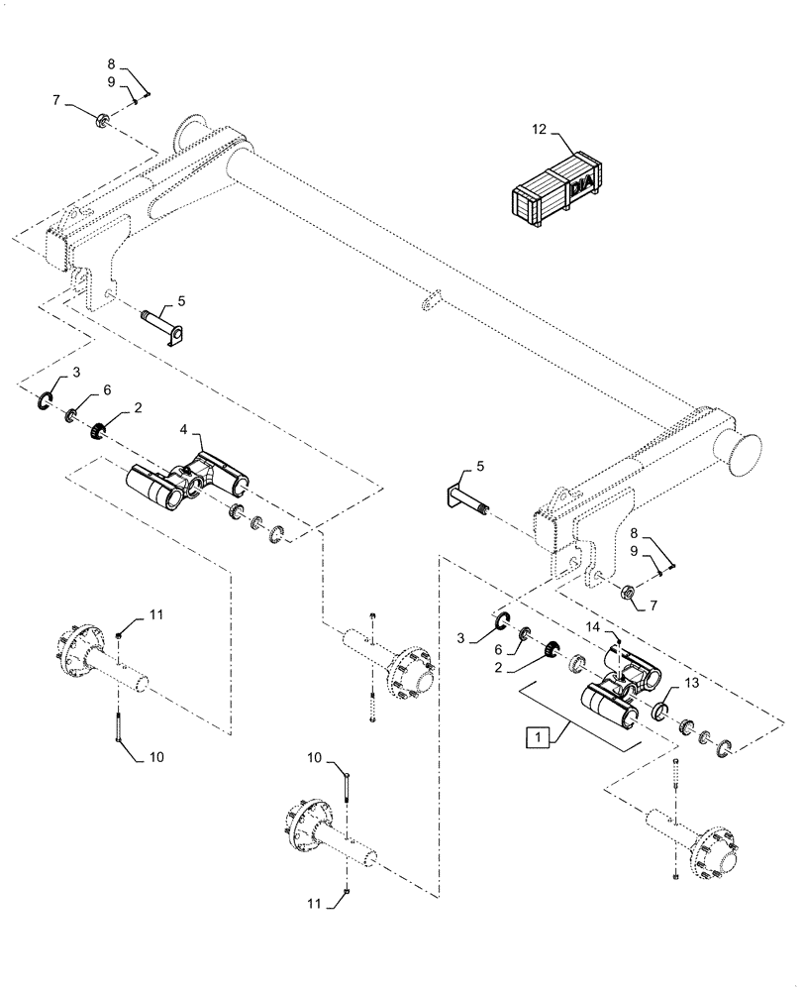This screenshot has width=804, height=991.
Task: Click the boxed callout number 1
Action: tap(537, 738)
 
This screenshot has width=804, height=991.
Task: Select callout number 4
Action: tap(184, 430)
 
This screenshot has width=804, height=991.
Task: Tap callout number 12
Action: tap(538, 130)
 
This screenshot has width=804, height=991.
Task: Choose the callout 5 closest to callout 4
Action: tap(180, 299)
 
